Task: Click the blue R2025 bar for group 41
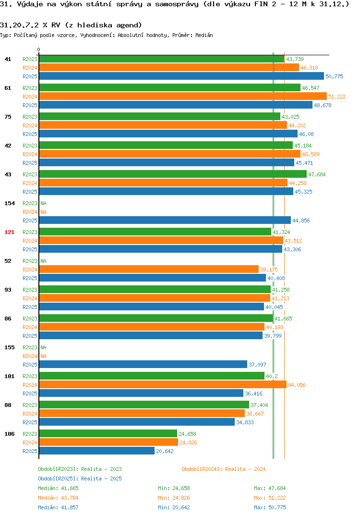[x=181, y=76]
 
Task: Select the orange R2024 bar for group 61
[x=183, y=96]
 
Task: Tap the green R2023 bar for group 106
[x=108, y=433]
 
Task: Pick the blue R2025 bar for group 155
[x=143, y=364]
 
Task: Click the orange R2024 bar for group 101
[x=163, y=384]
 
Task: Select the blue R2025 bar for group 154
[x=165, y=220]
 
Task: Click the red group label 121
[x=10, y=232]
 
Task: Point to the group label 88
[x=8, y=405]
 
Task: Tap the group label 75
[x=8, y=116]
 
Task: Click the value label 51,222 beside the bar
[x=337, y=97]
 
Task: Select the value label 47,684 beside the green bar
[x=317, y=174]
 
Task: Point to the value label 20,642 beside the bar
[x=165, y=451]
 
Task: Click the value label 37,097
[x=257, y=365]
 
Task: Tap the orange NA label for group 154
[x=43, y=212]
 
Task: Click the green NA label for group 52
[x=43, y=261]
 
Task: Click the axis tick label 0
[x=39, y=49]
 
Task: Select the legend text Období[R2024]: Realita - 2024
[x=224, y=469]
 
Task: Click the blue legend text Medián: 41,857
[x=58, y=507]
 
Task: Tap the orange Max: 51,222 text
[x=270, y=498]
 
